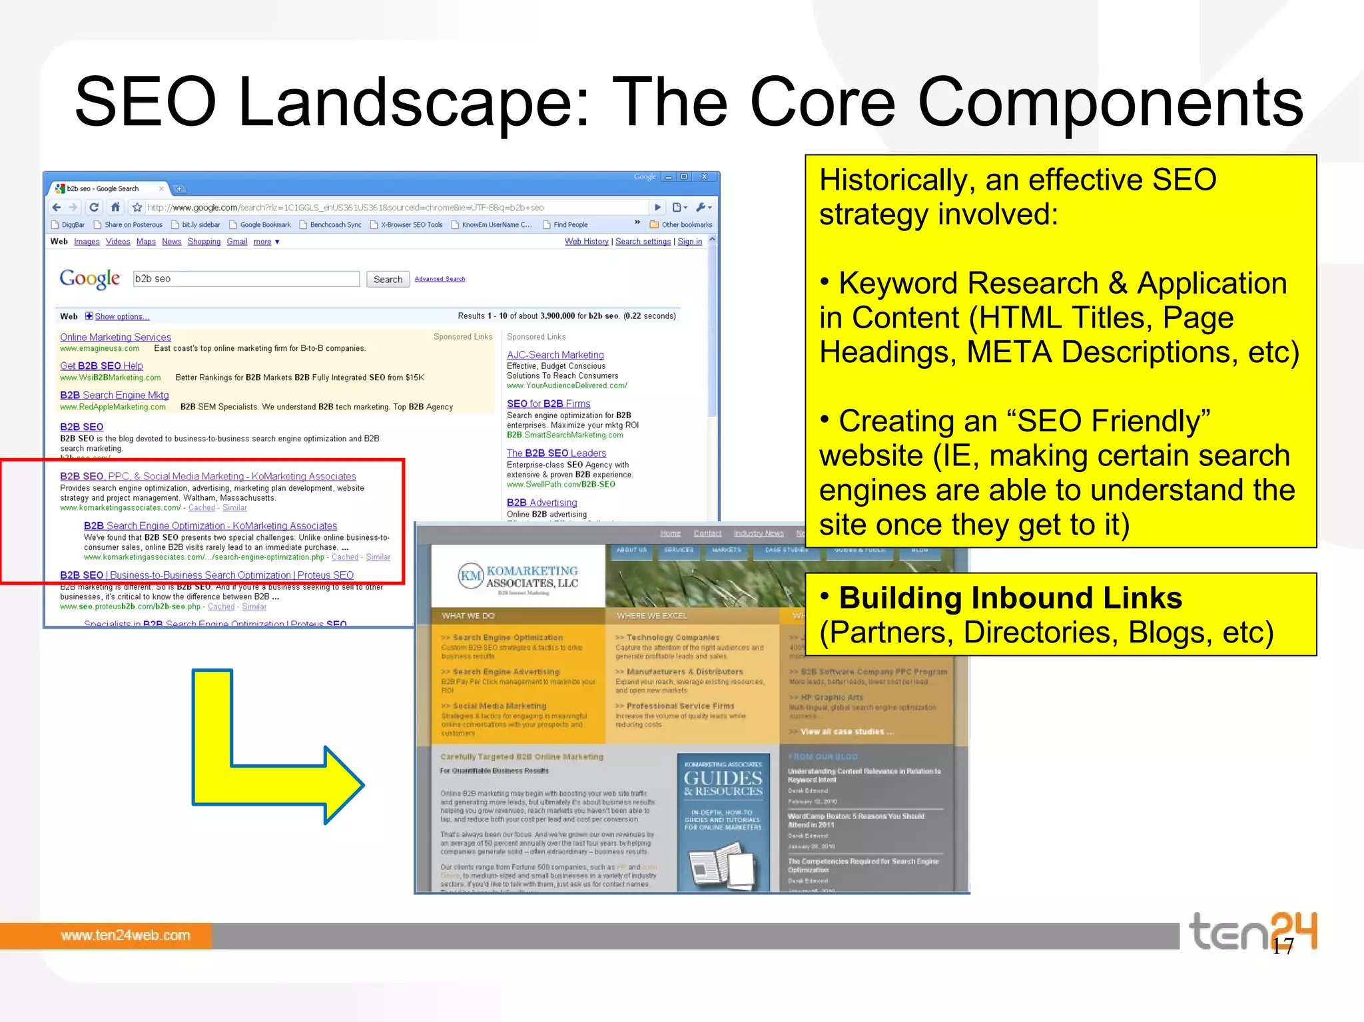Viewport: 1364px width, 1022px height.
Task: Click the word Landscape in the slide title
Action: tap(413, 103)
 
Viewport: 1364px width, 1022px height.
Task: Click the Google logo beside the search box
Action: tap(90, 278)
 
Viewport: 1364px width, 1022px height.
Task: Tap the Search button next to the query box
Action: tap(388, 280)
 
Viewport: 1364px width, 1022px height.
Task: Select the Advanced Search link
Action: tap(440, 279)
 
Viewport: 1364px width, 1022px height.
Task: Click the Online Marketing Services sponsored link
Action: tap(115, 338)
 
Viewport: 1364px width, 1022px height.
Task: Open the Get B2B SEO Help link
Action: tap(101, 366)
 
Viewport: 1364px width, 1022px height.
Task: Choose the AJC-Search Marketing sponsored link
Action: tap(555, 355)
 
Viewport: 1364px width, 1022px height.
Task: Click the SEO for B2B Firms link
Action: tap(548, 403)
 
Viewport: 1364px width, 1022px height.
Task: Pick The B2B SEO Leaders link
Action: tap(556, 453)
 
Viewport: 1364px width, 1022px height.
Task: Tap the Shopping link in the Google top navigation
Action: tap(204, 242)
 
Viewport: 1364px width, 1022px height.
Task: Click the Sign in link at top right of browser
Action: tap(689, 242)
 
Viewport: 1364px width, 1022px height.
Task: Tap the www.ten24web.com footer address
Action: tap(125, 935)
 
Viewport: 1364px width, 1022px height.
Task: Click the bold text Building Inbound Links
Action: tap(1010, 598)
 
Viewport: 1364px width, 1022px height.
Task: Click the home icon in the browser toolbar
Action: tap(115, 207)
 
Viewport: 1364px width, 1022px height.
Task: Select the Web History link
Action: tap(586, 242)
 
